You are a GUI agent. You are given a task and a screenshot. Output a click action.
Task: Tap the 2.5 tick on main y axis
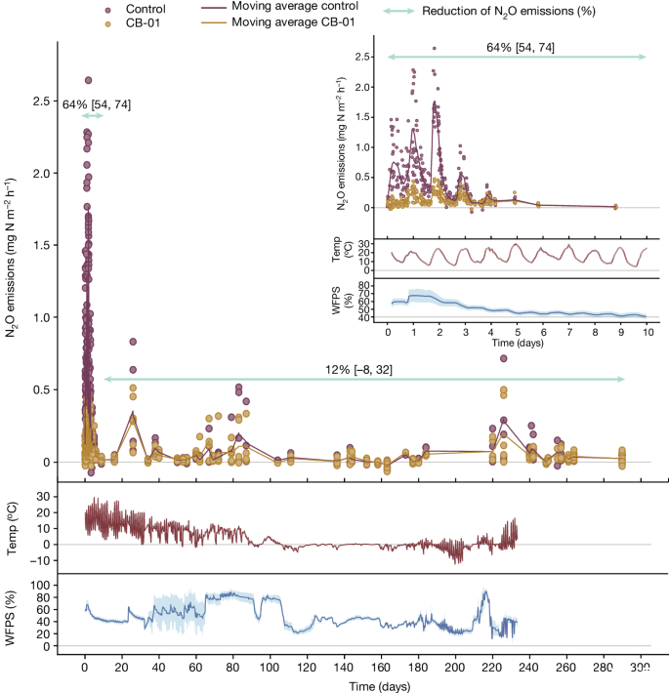click(42, 102)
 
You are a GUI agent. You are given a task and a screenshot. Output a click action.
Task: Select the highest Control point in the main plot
click(88, 81)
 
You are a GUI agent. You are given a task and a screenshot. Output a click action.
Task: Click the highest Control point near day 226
click(504, 358)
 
